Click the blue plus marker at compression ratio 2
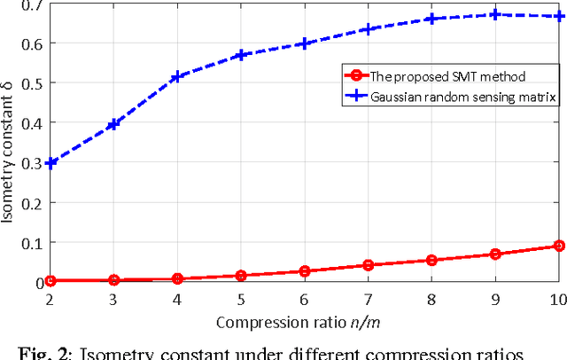(x=50, y=163)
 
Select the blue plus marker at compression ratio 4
(x=177, y=77)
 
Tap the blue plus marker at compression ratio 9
(x=495, y=14)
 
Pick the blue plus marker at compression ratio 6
(x=304, y=43)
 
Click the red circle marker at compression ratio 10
(x=559, y=246)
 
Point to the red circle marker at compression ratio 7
(x=369, y=265)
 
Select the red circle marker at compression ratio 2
(x=50, y=280)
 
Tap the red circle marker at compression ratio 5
(x=241, y=276)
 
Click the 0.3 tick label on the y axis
(x=33, y=163)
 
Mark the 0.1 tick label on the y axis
(x=33, y=242)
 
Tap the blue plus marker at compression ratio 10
(x=559, y=16)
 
